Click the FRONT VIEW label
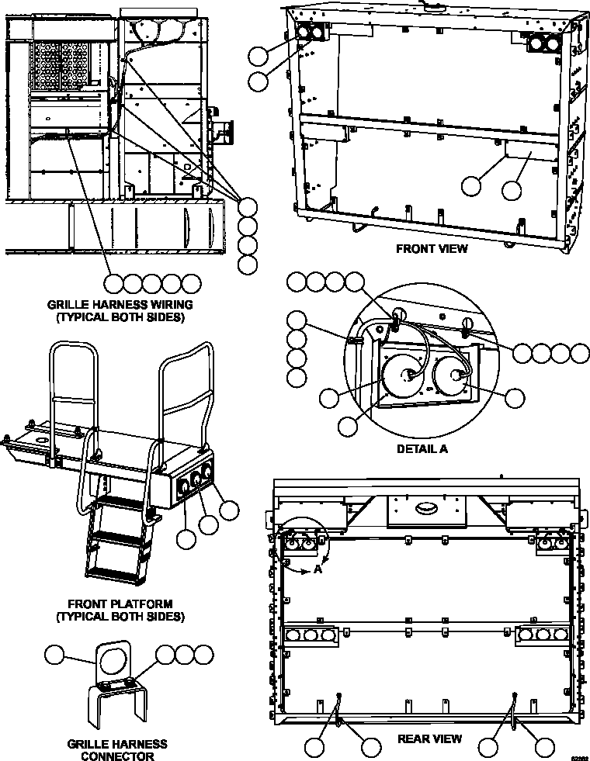pyautogui.click(x=432, y=249)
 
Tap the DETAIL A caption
pyautogui.click(x=422, y=448)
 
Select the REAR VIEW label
pyautogui.click(x=429, y=739)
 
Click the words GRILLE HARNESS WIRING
pyautogui.click(x=120, y=305)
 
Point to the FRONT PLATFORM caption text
pyautogui.click(x=120, y=604)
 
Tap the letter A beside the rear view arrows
pyautogui.click(x=318, y=568)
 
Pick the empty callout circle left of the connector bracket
pyautogui.click(x=55, y=655)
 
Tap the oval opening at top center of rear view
pyautogui.click(x=428, y=508)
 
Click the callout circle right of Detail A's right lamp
pyautogui.click(x=515, y=398)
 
